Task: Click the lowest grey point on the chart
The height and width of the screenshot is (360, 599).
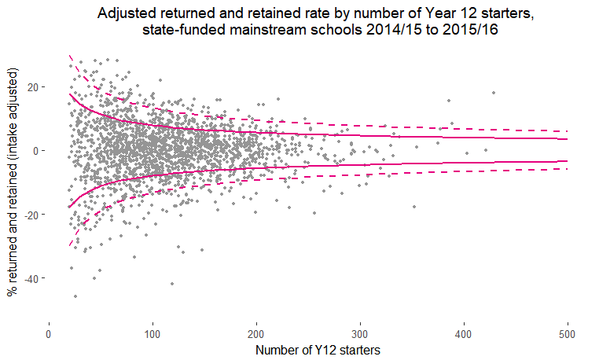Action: click(75, 296)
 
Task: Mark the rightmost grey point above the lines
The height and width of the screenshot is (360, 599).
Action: click(494, 93)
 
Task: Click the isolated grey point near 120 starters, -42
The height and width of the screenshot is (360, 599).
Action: click(172, 283)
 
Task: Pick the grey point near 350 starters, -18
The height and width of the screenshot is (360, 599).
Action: click(413, 207)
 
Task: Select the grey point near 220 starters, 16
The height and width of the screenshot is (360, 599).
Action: click(277, 98)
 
